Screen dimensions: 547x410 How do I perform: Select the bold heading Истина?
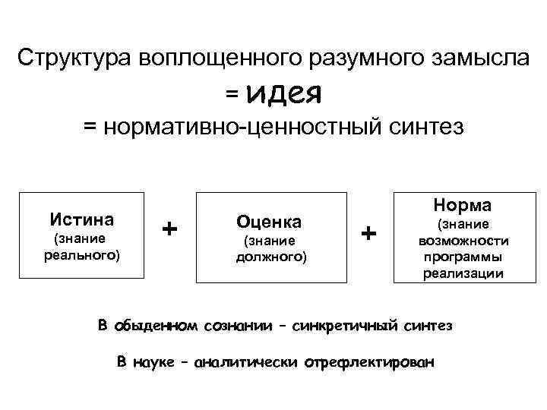tap(83, 220)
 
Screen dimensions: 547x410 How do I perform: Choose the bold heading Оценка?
tap(269, 222)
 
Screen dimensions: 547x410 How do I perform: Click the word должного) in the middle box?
tap(269, 257)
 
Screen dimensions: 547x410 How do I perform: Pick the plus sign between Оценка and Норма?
tap(368, 232)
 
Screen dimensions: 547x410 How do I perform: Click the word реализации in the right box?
tap(462, 273)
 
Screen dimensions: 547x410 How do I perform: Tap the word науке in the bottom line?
tap(154, 361)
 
